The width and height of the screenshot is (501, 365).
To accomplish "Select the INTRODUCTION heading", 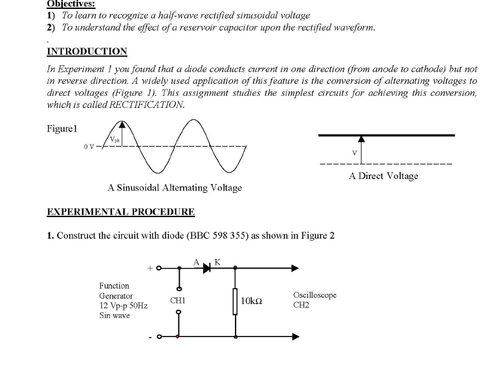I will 87,51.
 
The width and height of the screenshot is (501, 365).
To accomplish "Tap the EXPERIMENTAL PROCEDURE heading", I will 121,211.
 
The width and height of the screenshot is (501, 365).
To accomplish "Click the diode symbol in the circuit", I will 207,269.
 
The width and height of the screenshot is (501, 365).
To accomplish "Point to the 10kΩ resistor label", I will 252,301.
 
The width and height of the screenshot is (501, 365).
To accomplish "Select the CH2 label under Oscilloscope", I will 301,305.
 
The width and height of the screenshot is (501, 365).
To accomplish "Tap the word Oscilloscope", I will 315,295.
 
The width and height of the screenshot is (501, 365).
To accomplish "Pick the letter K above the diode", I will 217,261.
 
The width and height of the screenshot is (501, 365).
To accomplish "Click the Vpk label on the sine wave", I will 114,139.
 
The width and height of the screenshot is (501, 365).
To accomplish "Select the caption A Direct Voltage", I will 384,176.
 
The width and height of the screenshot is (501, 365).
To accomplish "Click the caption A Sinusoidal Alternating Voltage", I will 175,188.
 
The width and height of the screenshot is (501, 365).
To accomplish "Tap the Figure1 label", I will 62,128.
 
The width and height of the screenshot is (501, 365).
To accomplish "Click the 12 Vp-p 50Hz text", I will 123,305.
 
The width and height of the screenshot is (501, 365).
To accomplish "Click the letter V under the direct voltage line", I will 355,152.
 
